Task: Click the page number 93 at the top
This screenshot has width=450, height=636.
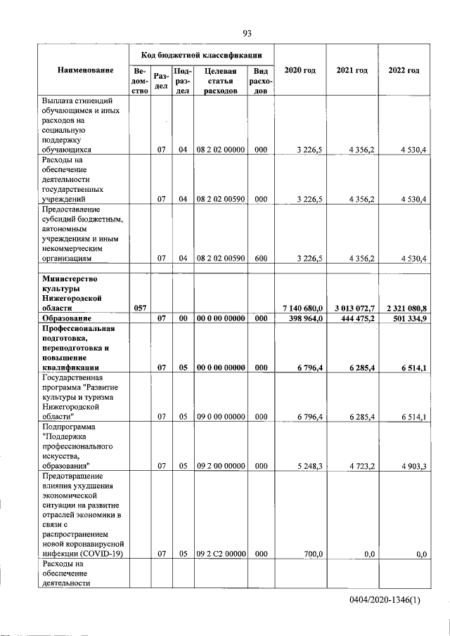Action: point(247,32)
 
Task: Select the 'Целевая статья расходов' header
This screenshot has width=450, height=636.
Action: point(220,81)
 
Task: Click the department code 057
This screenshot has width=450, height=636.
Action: point(139,309)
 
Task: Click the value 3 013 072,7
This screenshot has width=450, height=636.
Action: point(352,309)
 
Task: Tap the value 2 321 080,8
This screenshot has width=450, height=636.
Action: point(404,309)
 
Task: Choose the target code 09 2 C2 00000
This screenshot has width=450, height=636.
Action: point(220,554)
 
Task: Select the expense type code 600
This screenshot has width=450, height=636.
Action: point(261,259)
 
